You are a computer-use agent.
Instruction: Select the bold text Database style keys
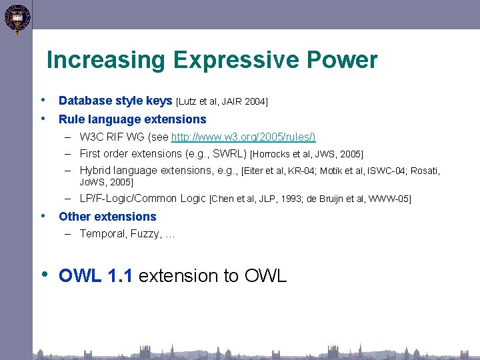pyautogui.click(x=115, y=101)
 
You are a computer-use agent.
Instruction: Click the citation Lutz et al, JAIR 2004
pyautogui.click(x=222, y=101)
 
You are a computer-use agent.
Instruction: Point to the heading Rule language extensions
pyautogui.click(x=133, y=119)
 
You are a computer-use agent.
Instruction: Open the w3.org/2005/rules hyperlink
pyautogui.click(x=243, y=137)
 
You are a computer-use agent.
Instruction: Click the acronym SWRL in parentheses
pyautogui.click(x=228, y=153)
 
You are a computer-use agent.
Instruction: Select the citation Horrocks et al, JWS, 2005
pyautogui.click(x=307, y=154)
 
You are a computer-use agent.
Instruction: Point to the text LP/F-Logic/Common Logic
pyautogui.click(x=143, y=198)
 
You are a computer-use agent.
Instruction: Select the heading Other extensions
pyautogui.click(x=107, y=217)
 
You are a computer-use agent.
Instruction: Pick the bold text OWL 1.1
pyautogui.click(x=96, y=276)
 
